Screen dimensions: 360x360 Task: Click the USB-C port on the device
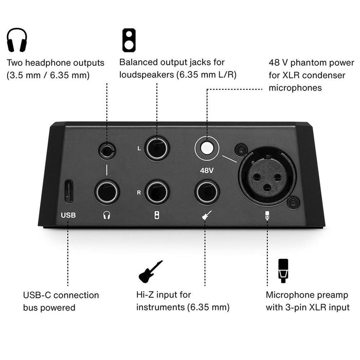pyautogui.click(x=67, y=191)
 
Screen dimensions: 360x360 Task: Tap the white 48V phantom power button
pyautogui.click(x=207, y=149)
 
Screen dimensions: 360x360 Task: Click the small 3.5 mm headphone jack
pyautogui.click(x=107, y=151)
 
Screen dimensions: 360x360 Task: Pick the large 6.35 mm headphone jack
pyautogui.click(x=107, y=192)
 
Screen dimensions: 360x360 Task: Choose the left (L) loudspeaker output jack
pyautogui.click(x=157, y=149)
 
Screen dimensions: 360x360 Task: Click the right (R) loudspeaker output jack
pyautogui.click(x=157, y=192)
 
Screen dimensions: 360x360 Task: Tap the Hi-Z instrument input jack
pyautogui.click(x=207, y=192)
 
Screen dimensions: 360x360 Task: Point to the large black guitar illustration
pyautogui.click(x=150, y=271)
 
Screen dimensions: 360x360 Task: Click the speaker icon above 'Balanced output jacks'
pyautogui.click(x=129, y=39)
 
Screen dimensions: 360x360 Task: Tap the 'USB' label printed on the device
pyautogui.click(x=68, y=215)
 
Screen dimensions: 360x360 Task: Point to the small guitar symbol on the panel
pyautogui.click(x=207, y=215)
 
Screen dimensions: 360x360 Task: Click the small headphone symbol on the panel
pyautogui.click(x=107, y=215)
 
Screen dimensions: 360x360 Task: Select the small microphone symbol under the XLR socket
pyautogui.click(x=267, y=215)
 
